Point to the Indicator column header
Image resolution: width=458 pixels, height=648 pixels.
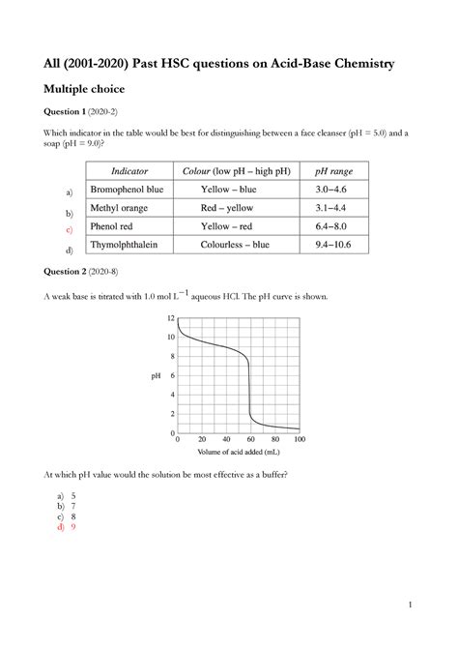pyautogui.click(x=129, y=170)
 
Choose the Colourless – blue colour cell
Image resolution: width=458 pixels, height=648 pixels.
pyautogui.click(x=235, y=245)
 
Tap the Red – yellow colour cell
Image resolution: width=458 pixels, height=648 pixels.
pyautogui.click(x=235, y=208)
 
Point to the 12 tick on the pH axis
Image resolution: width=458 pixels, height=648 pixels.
pyautogui.click(x=171, y=318)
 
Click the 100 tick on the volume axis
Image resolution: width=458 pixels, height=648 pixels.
pyautogui.click(x=299, y=440)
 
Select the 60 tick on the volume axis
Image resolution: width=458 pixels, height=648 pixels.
pyautogui.click(x=249, y=440)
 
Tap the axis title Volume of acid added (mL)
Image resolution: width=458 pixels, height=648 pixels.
pyautogui.click(x=239, y=452)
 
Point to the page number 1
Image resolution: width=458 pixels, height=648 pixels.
pyautogui.click(x=410, y=606)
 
